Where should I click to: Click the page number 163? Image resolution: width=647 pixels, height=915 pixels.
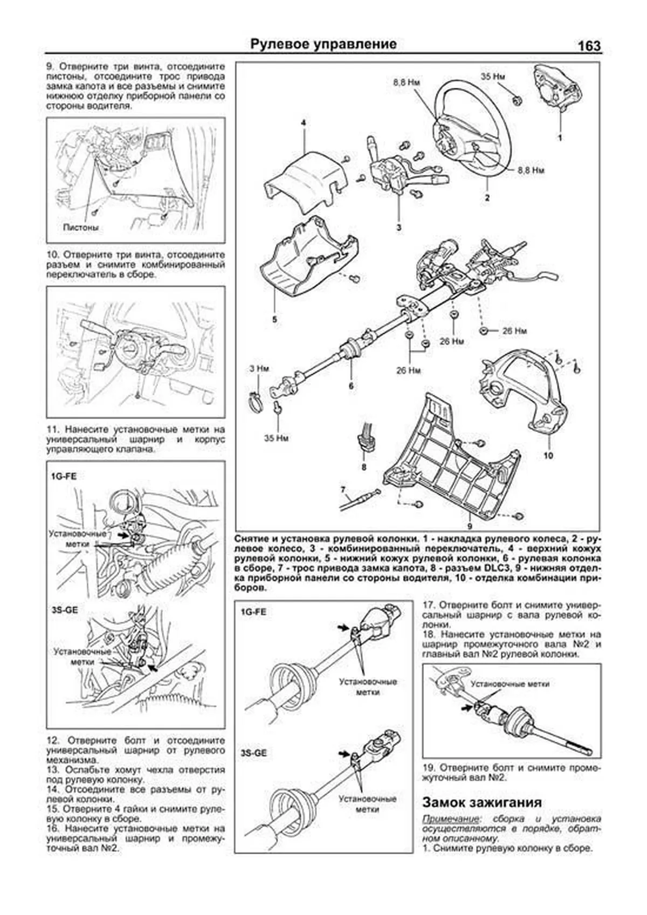(x=589, y=46)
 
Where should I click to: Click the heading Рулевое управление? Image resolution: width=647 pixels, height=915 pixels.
(x=323, y=44)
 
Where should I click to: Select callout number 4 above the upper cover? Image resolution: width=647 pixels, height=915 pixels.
(x=304, y=123)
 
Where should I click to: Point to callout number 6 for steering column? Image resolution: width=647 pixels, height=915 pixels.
(x=350, y=386)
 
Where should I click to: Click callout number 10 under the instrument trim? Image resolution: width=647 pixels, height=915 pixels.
(x=548, y=456)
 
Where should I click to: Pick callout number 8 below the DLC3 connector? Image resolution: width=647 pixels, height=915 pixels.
(x=363, y=467)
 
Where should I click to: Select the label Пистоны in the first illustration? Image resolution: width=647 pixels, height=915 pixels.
(x=81, y=228)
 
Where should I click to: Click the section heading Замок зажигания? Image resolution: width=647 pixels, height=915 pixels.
(x=481, y=802)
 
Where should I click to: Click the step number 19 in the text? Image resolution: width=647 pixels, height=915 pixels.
(x=429, y=767)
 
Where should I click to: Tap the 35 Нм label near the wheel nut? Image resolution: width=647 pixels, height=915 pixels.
(x=492, y=77)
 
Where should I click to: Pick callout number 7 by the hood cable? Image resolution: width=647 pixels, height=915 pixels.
(x=342, y=490)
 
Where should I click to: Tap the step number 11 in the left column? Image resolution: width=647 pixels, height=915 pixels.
(x=52, y=430)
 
